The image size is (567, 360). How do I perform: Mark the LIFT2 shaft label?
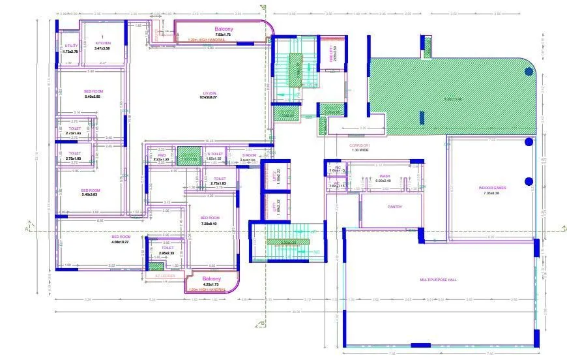274,175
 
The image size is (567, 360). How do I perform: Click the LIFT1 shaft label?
274,208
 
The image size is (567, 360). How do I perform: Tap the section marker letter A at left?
26,230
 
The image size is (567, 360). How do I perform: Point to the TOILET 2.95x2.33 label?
167,250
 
